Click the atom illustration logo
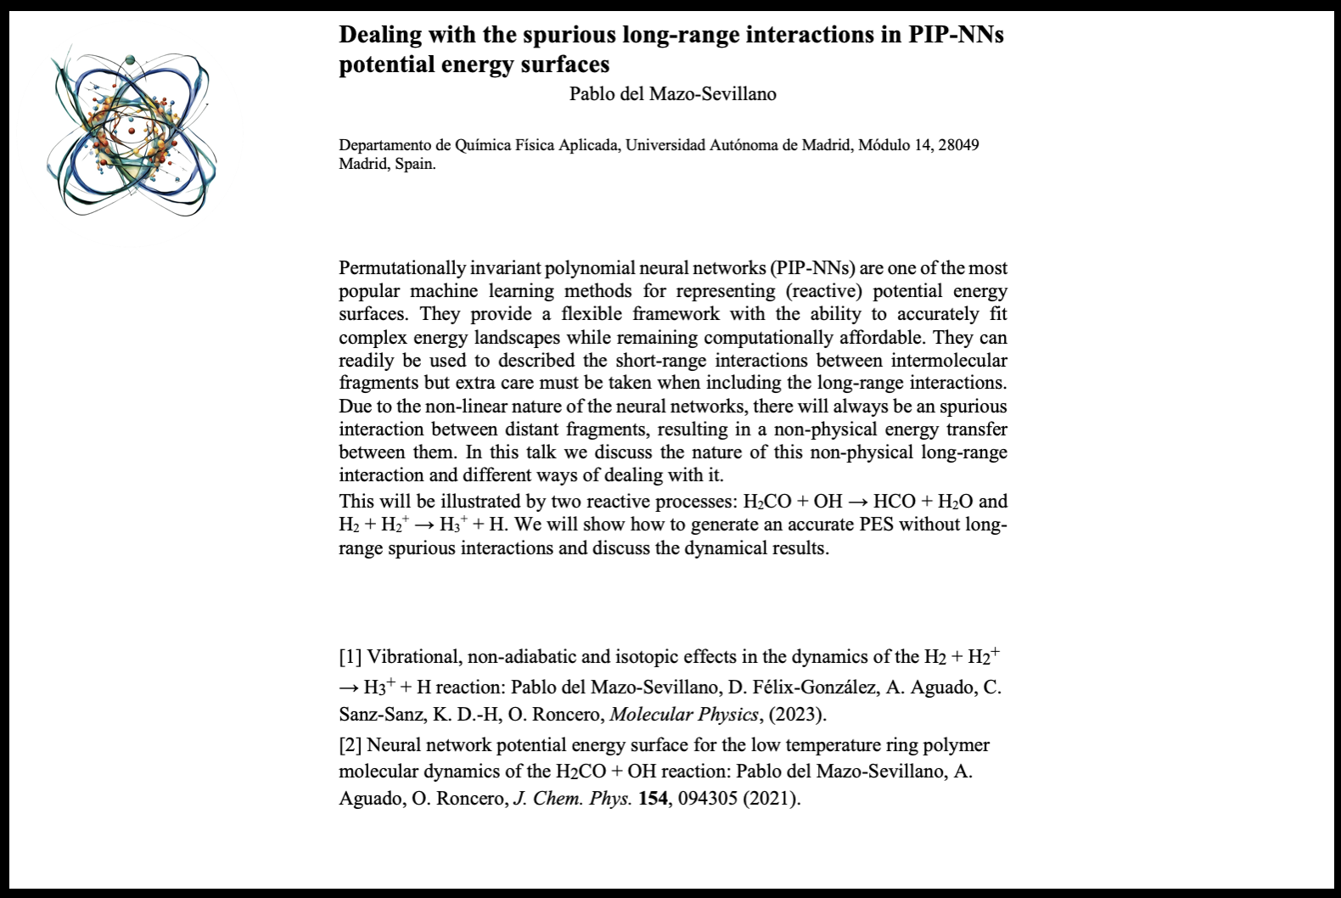[x=132, y=133]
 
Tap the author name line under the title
[x=672, y=94]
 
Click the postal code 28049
[x=958, y=145]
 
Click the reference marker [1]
[x=351, y=657]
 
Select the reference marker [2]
[x=351, y=745]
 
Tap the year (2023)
[x=798, y=715]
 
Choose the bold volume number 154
[x=653, y=799]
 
